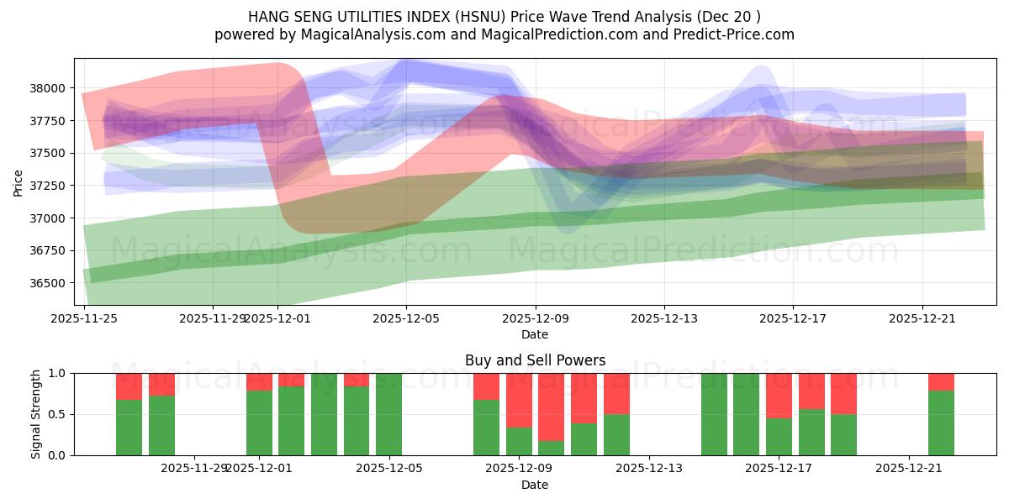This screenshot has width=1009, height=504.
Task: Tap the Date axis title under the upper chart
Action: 535,334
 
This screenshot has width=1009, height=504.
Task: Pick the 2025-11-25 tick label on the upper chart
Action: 84,318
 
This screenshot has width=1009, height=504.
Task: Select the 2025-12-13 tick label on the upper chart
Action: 664,318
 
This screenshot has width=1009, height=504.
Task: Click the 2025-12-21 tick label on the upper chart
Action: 922,318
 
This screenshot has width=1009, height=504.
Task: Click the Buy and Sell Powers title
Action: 535,360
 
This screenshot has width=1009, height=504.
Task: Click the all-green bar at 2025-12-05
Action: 388,414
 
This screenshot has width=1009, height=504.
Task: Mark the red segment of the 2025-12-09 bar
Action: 519,400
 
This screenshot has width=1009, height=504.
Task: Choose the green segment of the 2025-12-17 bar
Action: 779,437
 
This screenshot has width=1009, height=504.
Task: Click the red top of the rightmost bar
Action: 941,381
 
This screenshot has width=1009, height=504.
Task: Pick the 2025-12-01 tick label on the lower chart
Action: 259,468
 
